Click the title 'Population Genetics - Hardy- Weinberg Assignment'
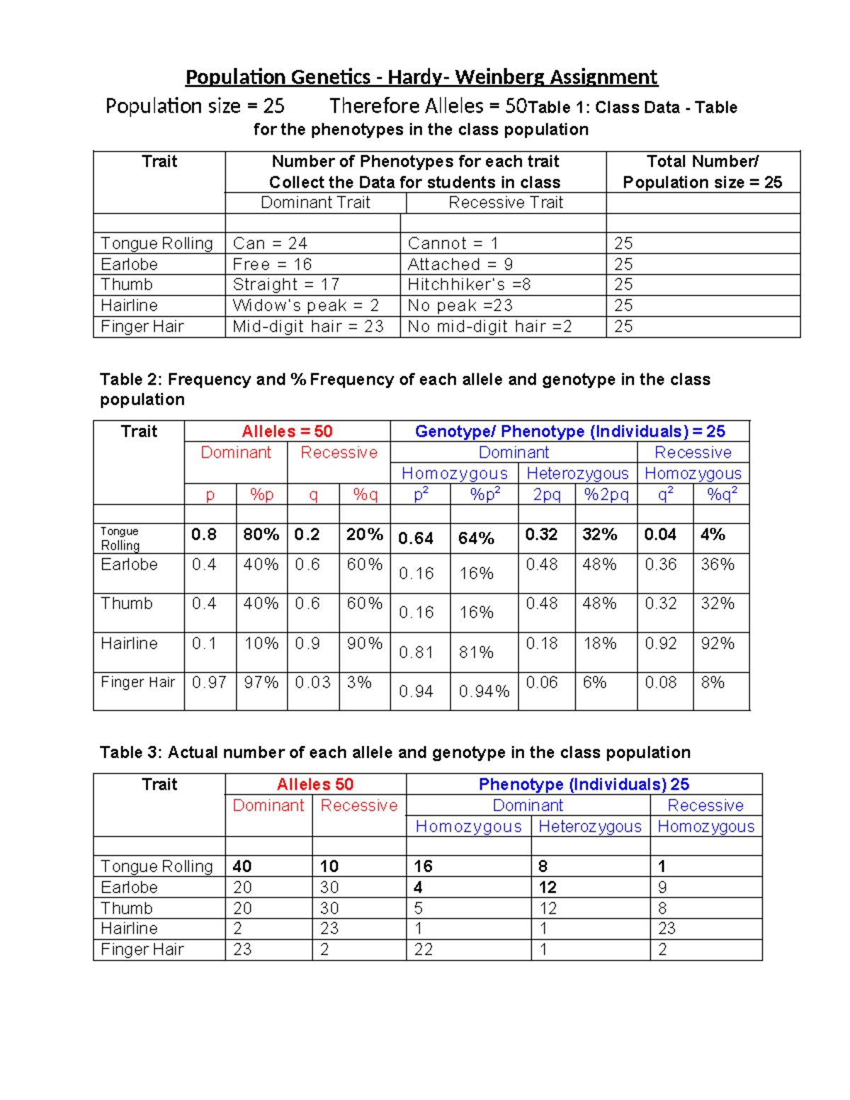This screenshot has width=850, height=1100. [421, 77]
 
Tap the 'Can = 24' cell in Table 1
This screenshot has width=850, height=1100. [270, 244]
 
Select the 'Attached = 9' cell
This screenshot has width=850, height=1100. [460, 264]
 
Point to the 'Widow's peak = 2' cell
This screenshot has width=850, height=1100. [305, 306]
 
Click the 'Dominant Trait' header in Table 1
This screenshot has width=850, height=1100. [315, 203]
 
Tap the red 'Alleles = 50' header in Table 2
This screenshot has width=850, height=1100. [287, 431]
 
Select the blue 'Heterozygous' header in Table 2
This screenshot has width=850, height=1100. [577, 473]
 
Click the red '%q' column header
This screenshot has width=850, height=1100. [365, 494]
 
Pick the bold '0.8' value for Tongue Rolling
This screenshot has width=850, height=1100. [204, 535]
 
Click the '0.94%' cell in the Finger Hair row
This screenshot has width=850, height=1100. [484, 691]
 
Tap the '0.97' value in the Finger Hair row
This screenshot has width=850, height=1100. [209, 683]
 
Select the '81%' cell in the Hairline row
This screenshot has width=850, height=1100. [476, 652]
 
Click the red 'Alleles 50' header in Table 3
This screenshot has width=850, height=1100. [315, 784]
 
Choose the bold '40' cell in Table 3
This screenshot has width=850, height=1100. [242, 866]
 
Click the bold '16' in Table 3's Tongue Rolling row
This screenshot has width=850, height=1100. [423, 866]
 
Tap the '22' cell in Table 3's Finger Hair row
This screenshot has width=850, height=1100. [424, 950]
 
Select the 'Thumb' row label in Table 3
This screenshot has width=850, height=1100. [126, 908]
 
